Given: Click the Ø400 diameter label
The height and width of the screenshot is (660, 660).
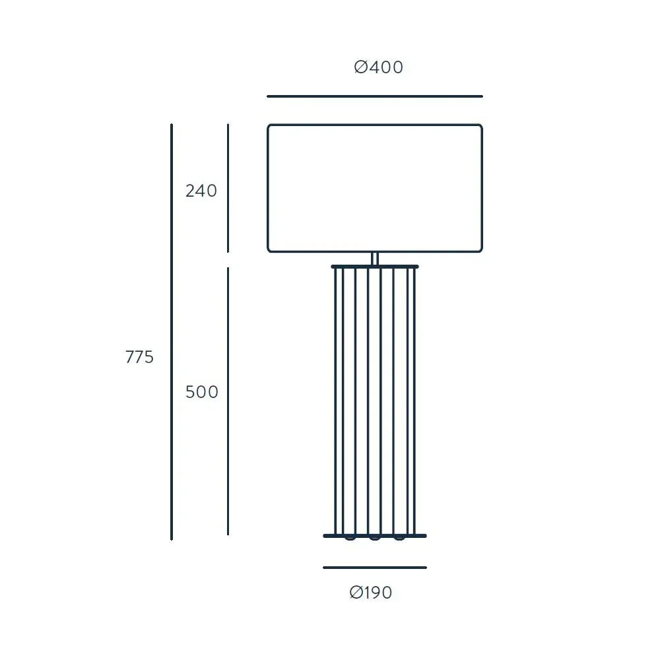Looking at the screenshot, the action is click(x=378, y=67).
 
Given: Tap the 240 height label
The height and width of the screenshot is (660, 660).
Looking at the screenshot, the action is click(x=201, y=191).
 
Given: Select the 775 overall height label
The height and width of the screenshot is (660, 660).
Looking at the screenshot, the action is click(x=139, y=357).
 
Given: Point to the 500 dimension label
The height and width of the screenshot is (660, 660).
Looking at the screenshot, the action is click(x=201, y=392).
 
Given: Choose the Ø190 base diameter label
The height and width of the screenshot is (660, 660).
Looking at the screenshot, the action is click(x=371, y=593).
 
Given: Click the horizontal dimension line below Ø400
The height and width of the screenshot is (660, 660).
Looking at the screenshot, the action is click(x=375, y=96).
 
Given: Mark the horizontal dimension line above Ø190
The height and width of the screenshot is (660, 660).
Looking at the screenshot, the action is click(x=375, y=568).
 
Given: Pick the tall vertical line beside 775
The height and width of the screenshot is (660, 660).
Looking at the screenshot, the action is click(x=172, y=332).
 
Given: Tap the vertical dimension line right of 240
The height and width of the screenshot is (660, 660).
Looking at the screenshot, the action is click(x=228, y=188).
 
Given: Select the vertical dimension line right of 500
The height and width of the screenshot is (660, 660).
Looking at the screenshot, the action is click(x=228, y=401).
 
